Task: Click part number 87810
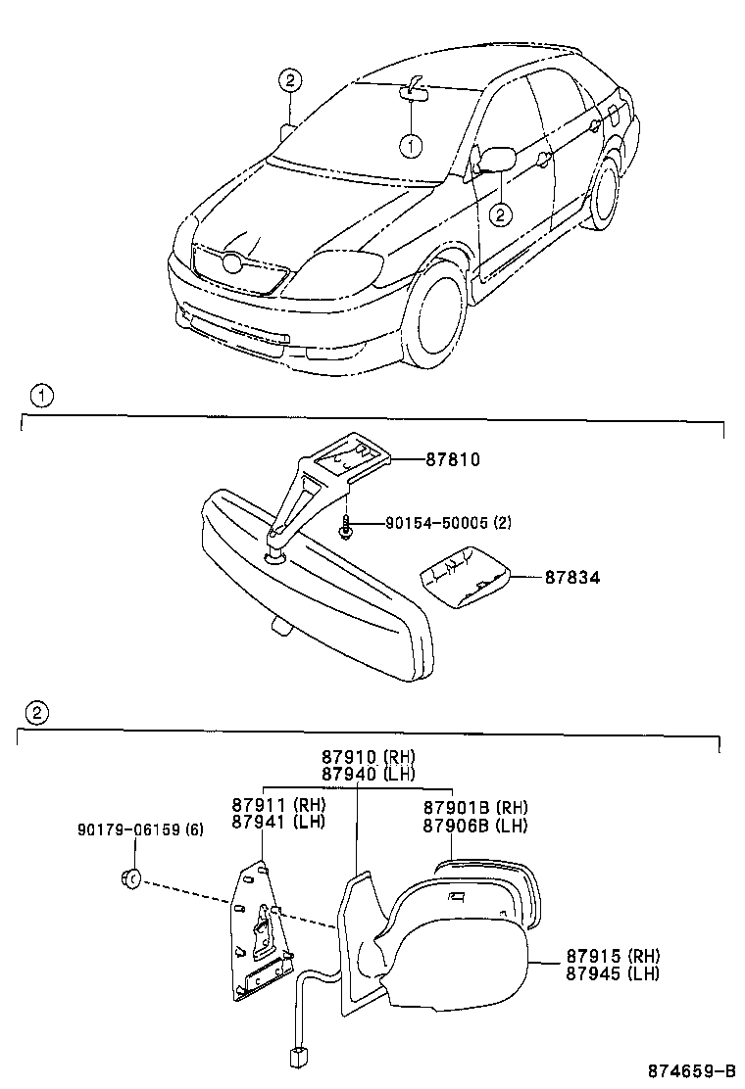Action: point(452,458)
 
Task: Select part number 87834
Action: point(572,578)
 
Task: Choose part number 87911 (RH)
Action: point(278,805)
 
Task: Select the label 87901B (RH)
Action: point(475,808)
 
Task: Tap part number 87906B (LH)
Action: point(475,826)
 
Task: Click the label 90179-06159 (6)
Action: point(140,829)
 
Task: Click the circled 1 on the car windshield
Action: point(411,145)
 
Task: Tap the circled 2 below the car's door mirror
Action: point(500,213)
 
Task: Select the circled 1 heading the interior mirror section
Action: point(40,397)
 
